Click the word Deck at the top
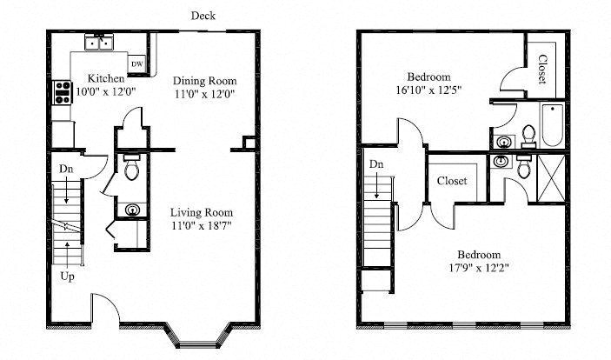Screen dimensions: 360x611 click(204, 15)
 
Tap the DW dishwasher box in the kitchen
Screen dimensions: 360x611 click(137, 64)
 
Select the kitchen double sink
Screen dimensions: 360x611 click(99, 43)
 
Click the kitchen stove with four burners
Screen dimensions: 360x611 click(63, 91)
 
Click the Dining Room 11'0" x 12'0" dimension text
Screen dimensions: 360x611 click(205, 91)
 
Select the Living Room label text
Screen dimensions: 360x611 click(201, 212)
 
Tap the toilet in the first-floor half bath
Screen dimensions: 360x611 click(131, 169)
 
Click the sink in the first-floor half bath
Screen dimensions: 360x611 click(131, 209)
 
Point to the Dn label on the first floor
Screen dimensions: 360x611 click(66, 169)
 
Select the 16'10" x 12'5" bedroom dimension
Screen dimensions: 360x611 click(428, 89)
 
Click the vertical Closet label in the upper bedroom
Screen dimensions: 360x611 click(542, 70)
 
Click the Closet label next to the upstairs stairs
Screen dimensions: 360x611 click(452, 181)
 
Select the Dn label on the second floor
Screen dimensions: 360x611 click(376, 164)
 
